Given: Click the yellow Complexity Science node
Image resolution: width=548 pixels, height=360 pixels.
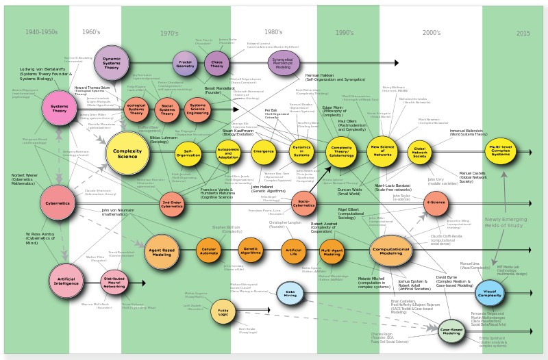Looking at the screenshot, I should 127,153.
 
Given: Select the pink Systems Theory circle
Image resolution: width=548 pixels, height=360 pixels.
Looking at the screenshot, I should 60,107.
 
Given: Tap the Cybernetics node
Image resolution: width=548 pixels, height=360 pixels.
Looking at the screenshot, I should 58,203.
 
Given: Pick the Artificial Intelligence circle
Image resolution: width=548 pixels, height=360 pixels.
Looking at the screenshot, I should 66,281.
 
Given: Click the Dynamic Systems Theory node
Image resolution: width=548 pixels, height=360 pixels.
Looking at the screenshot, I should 112,63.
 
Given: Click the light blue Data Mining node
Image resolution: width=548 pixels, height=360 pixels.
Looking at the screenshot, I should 290,293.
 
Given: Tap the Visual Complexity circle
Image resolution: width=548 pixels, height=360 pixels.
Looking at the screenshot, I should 490,294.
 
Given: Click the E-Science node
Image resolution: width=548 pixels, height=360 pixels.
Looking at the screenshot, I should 436,203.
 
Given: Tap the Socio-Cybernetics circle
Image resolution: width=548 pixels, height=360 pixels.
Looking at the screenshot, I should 303,203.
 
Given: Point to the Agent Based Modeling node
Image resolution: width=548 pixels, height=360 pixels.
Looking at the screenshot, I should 162,251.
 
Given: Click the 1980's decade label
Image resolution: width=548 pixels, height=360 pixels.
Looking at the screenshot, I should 273,32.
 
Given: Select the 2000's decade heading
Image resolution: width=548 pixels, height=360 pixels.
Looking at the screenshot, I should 432,32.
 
